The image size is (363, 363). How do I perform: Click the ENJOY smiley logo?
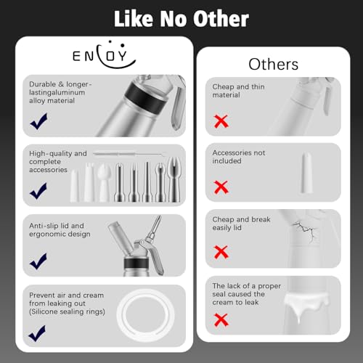[104, 55]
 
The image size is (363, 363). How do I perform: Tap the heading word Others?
[274, 65]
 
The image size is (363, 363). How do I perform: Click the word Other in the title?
[221, 19]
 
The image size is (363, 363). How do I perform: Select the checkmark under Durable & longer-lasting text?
[38, 121]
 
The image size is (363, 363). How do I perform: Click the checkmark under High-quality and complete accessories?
[38, 191]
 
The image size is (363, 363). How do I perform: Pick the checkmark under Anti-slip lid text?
[38, 261]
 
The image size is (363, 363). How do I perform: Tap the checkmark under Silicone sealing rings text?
[37, 333]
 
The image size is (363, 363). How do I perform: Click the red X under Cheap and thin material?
[221, 121]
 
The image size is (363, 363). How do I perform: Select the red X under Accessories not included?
[221, 187]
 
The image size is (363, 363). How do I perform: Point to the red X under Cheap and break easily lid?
[221, 252]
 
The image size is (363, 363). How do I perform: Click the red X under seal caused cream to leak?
[221, 319]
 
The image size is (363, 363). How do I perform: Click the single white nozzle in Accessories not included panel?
[306, 173]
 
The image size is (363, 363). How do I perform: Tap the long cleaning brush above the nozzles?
[130, 154]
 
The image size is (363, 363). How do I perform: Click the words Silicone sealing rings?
[67, 311]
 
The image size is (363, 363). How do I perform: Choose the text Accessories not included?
[239, 157]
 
